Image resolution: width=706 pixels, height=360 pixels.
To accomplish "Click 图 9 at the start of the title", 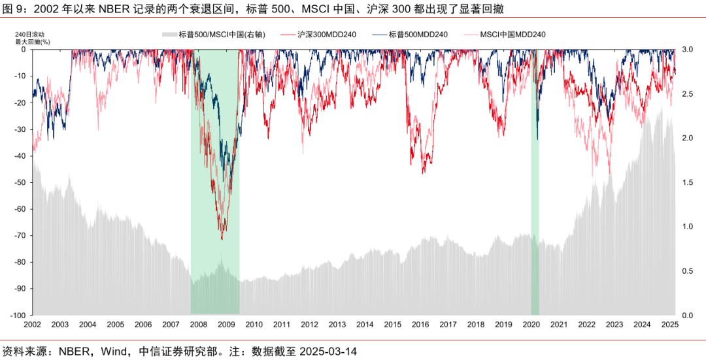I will (x=15, y=9).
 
